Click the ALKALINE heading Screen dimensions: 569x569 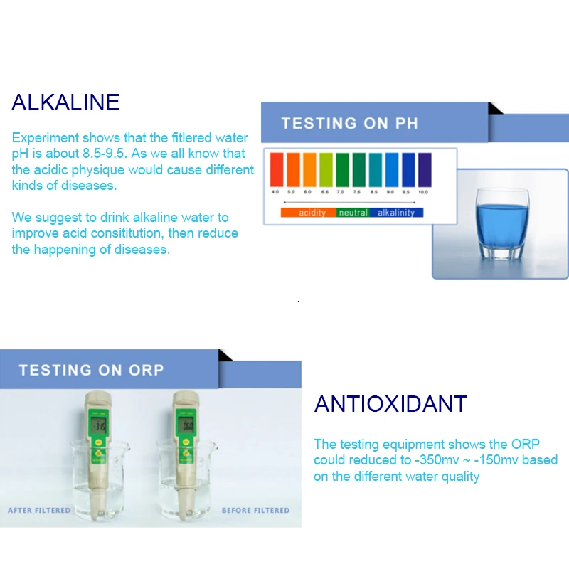click(x=65, y=102)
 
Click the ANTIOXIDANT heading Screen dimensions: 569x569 click(x=390, y=404)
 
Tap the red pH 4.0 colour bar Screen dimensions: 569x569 click(x=276, y=169)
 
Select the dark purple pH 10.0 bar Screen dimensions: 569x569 click(x=424, y=169)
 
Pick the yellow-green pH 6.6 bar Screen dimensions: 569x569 click(x=325, y=169)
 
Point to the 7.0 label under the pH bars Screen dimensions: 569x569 click(x=341, y=192)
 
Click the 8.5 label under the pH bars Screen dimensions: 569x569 click(x=374, y=192)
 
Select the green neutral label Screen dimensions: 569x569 click(x=353, y=213)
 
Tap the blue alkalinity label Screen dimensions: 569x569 click(x=396, y=213)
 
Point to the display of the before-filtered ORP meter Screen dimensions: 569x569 click(x=186, y=427)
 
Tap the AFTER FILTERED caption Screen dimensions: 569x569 click(x=39, y=510)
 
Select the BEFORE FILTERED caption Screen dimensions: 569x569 click(x=255, y=510)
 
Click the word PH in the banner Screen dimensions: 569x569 click(x=407, y=123)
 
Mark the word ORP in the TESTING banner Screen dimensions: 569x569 click(x=146, y=370)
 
